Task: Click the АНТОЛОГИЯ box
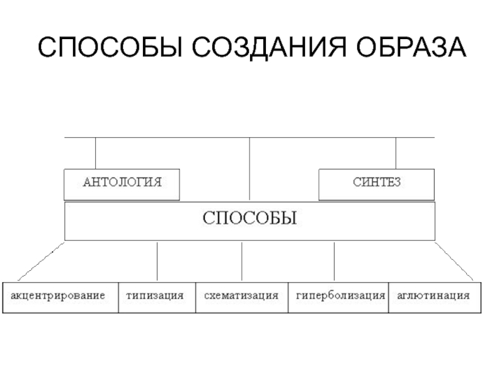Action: point(122,185)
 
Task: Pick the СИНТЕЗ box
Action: point(376,185)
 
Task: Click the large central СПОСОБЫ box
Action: point(249,221)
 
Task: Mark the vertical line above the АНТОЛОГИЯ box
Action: point(96,153)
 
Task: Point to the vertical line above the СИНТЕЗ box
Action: point(396,153)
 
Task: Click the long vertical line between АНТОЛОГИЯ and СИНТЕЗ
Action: point(250,169)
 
